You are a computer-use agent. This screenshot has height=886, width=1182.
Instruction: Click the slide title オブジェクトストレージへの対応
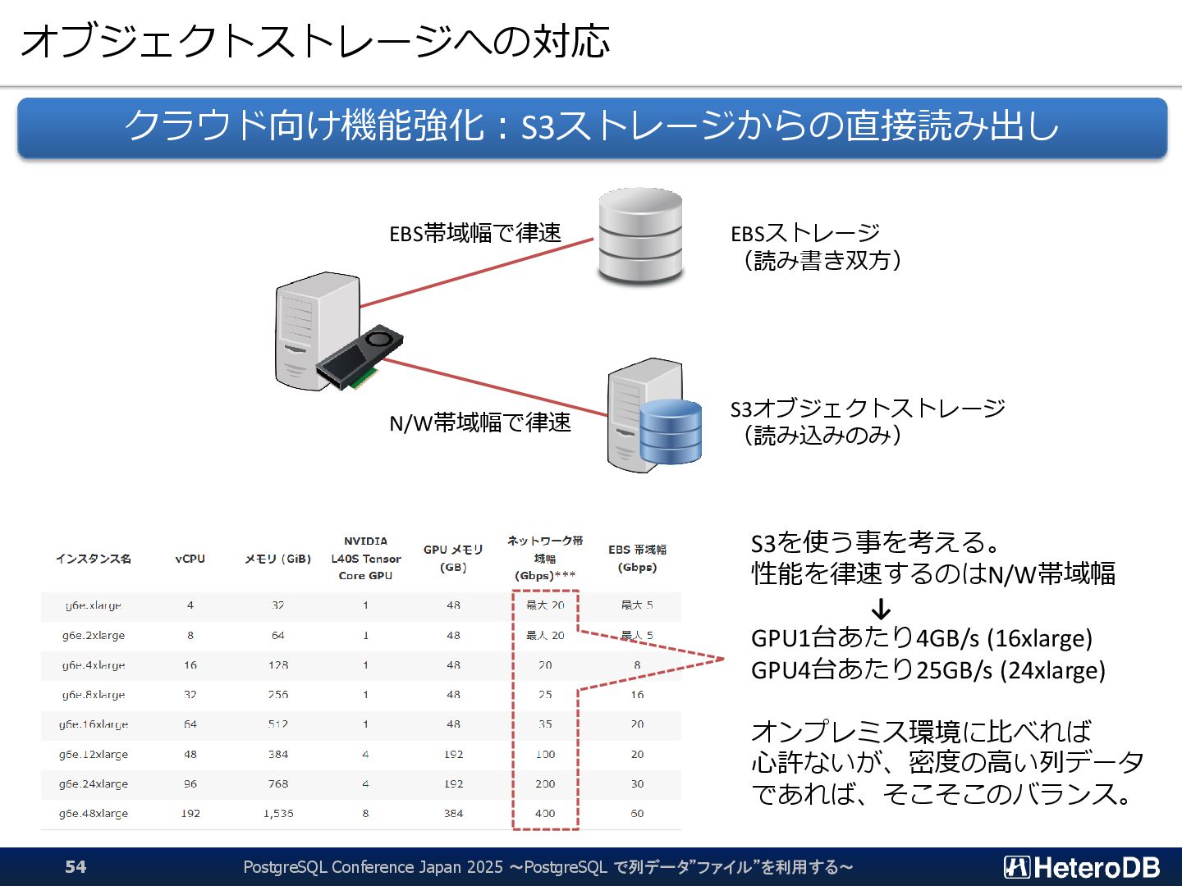314,41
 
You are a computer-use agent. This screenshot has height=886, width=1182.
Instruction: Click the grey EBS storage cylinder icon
640,236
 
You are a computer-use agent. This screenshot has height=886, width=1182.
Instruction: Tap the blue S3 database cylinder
671,432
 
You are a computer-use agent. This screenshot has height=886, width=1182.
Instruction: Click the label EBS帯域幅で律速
475,233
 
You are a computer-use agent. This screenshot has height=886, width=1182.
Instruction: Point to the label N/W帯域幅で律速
480,422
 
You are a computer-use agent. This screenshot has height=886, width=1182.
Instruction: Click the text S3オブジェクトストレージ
868,408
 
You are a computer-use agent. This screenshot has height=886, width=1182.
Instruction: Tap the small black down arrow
881,610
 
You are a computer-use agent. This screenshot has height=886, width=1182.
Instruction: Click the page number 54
76,866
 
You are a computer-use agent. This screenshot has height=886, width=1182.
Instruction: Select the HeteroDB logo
1081,867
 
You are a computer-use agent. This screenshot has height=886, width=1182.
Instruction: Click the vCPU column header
190,559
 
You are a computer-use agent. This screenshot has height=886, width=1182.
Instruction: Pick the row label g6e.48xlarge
94,814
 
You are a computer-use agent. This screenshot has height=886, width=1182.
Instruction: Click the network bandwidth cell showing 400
545,814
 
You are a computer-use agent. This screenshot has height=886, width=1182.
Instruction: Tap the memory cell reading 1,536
278,814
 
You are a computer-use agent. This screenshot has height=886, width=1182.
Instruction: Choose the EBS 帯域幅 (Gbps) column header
637,558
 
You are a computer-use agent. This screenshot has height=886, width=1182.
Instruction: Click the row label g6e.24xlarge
94,783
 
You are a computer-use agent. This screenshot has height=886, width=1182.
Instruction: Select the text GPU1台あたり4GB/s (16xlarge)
922,637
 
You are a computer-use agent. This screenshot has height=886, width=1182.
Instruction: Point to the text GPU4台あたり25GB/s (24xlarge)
928,669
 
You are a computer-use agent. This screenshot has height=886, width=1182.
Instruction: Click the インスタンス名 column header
94,559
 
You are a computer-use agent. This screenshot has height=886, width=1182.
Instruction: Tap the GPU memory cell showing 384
453,814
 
